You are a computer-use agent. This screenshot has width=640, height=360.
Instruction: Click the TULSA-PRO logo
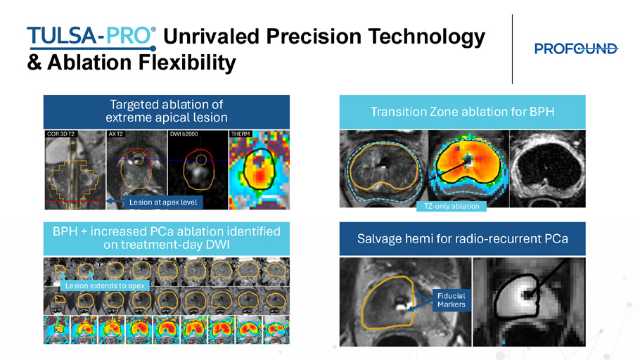(91, 37)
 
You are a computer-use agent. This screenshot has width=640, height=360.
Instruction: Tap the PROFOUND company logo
(576, 49)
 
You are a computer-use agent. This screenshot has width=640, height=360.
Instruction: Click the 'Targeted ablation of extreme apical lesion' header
(167, 112)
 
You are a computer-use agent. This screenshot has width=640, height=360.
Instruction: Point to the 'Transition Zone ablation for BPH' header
(463, 112)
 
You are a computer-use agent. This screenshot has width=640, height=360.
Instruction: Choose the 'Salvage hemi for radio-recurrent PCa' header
(463, 239)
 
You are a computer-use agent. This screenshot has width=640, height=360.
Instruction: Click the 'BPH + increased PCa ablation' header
(167, 239)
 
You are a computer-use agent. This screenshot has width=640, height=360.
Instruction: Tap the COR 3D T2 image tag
(60, 134)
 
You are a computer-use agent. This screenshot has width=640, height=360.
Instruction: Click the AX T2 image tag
(116, 134)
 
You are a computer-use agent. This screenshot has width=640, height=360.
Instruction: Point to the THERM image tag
(241, 134)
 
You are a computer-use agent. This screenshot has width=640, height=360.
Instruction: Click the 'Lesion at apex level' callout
(163, 202)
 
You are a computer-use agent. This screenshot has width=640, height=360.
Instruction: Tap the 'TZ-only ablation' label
(452, 206)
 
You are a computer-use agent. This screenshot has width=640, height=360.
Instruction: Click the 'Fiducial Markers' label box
(451, 300)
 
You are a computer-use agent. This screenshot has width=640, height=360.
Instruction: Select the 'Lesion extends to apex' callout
(105, 285)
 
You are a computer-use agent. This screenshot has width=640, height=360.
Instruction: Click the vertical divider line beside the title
(512, 49)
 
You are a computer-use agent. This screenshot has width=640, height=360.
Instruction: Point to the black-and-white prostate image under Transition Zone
(547, 169)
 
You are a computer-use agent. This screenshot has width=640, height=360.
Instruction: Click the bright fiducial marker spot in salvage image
(400, 304)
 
